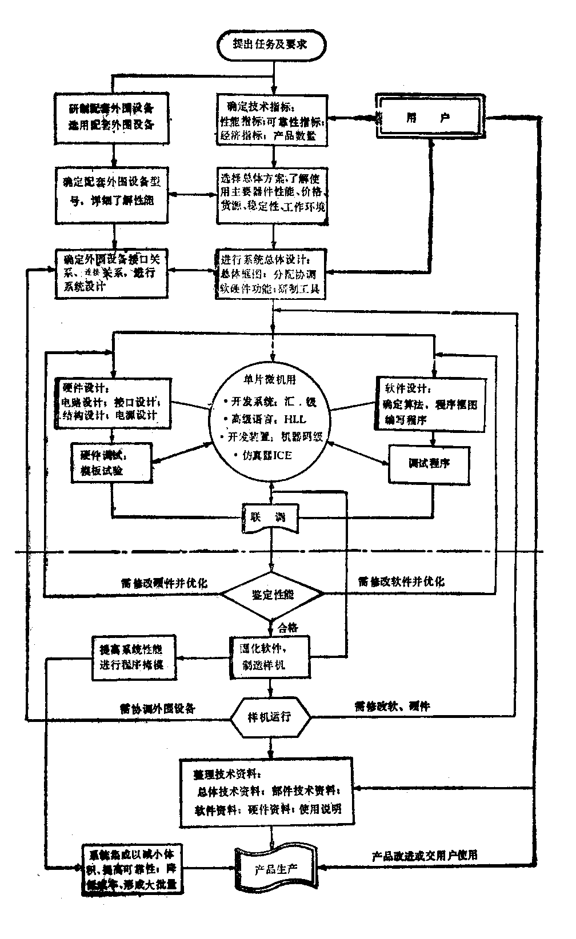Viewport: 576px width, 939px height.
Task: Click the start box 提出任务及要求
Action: point(273,44)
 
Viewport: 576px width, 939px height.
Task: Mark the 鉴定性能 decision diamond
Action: point(273,595)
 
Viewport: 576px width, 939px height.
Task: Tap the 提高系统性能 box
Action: point(134,657)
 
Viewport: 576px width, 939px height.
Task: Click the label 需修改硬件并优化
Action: point(163,584)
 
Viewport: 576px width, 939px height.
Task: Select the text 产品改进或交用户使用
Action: point(425,855)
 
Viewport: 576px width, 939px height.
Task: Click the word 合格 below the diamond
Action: point(287,628)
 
